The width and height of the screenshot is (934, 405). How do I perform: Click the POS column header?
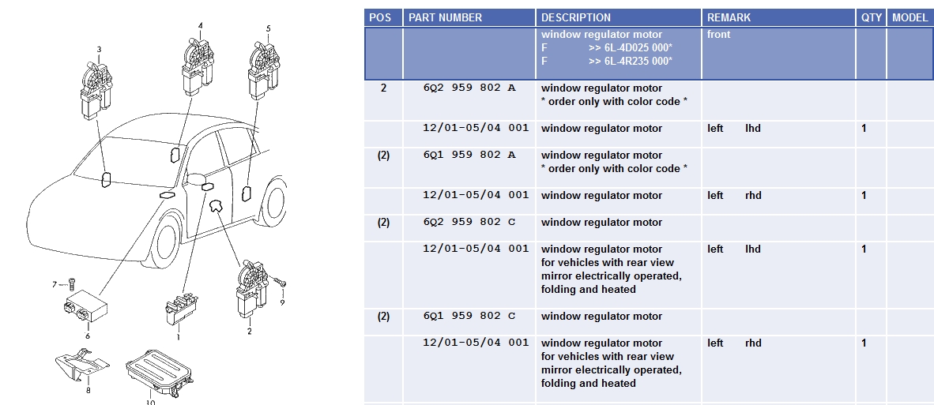[380, 18]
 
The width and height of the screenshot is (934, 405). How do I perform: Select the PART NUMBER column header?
[445, 18]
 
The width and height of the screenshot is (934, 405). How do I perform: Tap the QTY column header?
[872, 18]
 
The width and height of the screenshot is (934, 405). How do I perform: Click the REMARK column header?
[729, 18]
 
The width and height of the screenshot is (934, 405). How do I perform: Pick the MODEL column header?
[910, 18]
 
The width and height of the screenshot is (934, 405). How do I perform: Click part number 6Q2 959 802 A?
[469, 88]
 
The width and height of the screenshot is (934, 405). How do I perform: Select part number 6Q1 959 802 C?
[469, 316]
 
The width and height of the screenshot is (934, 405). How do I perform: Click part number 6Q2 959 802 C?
[469, 222]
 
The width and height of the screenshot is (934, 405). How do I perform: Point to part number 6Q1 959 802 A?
[469, 155]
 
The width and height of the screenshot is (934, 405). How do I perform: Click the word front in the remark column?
[718, 35]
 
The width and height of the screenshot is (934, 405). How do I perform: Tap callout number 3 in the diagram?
[99, 50]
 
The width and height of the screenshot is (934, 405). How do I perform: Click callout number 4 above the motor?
[200, 25]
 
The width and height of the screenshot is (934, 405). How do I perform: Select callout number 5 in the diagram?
[268, 28]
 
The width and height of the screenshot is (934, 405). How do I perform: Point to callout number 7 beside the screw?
[55, 284]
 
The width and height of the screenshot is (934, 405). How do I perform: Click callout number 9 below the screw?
[282, 302]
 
